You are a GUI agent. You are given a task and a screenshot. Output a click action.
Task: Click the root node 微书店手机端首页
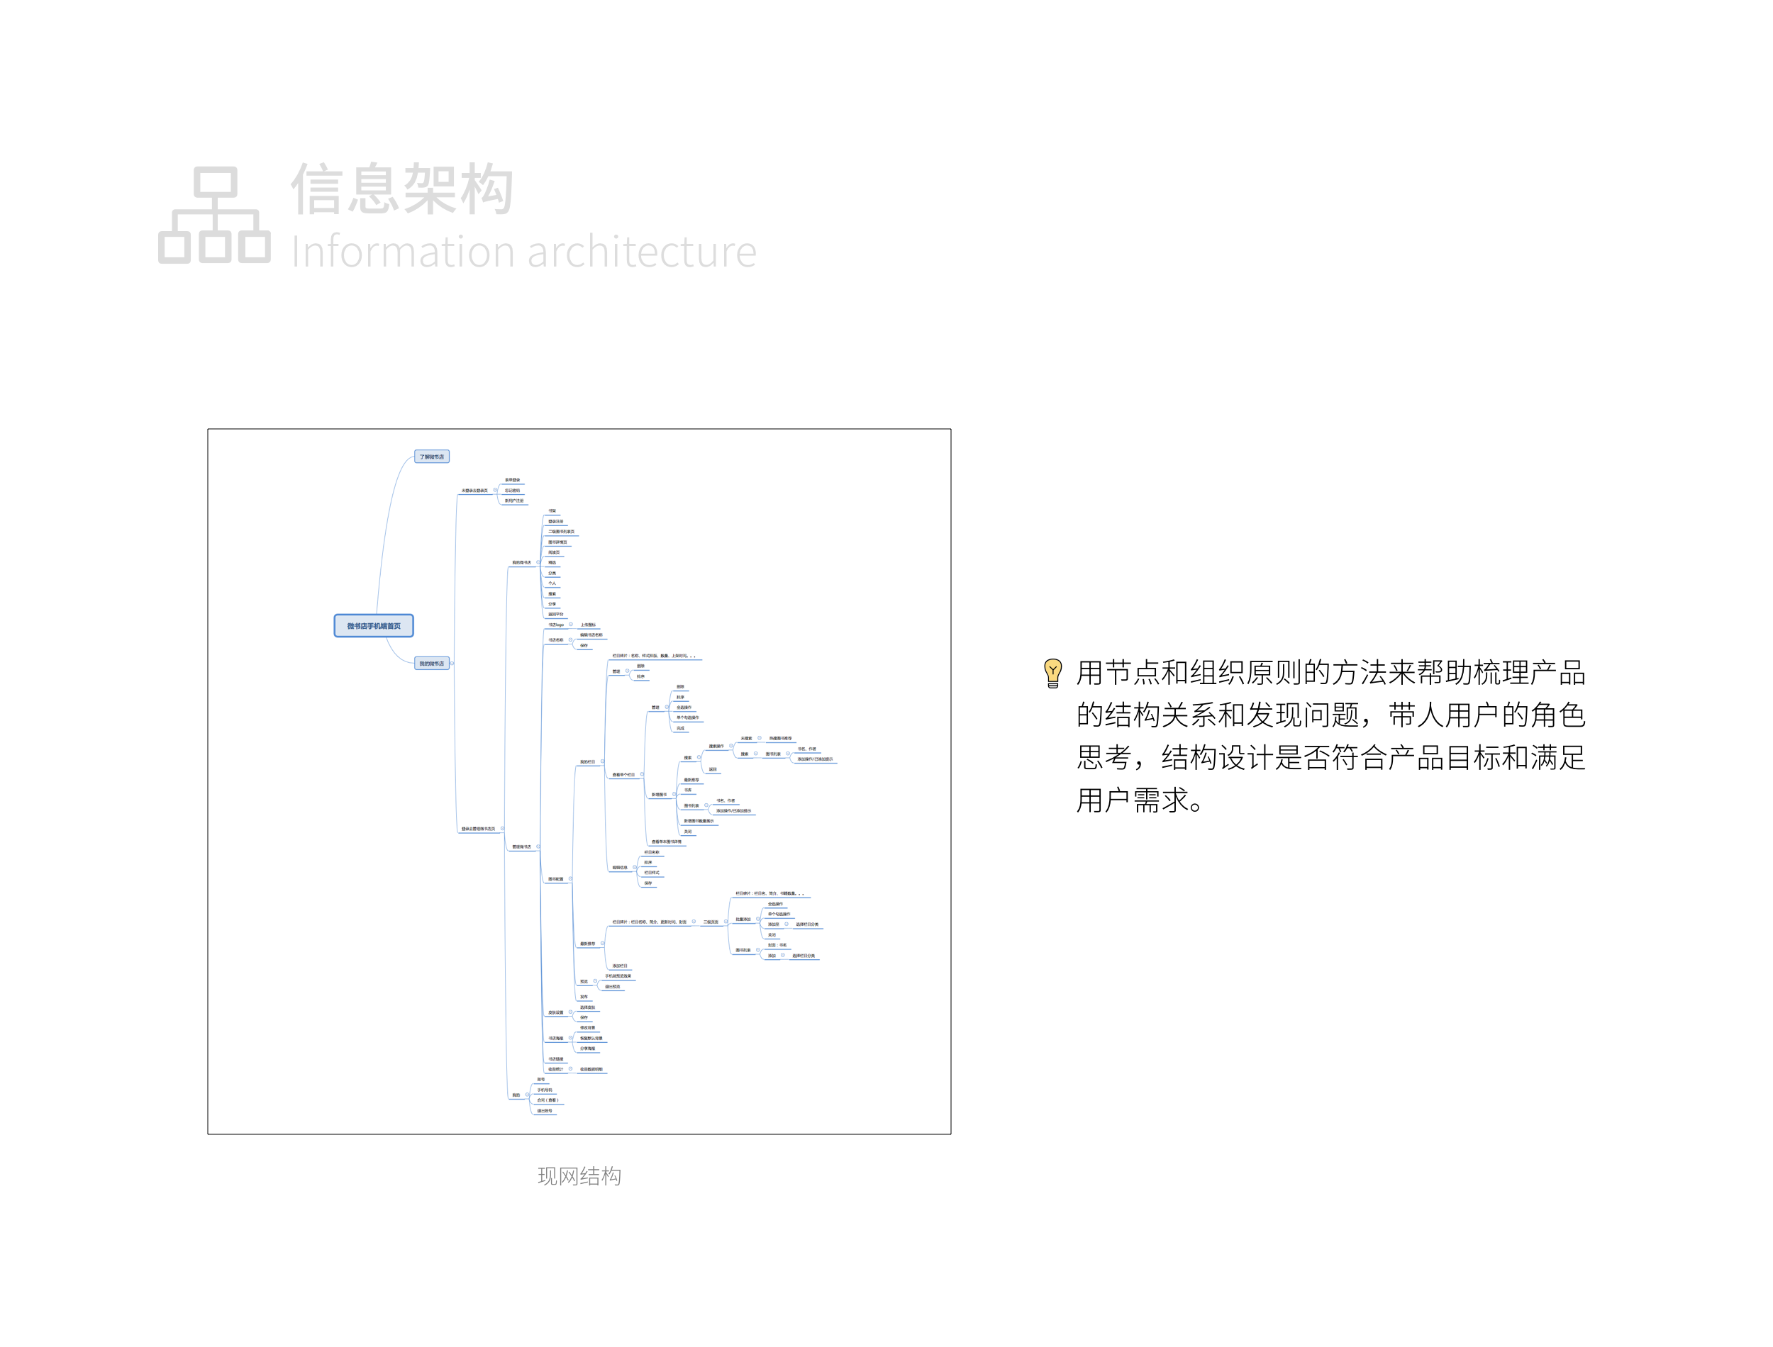tap(374, 626)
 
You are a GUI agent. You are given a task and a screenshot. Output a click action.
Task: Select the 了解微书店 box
tap(431, 457)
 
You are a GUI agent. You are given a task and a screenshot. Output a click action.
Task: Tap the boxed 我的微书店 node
tap(431, 664)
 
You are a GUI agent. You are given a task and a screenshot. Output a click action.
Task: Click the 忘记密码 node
tap(513, 491)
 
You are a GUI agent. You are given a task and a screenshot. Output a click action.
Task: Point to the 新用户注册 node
tap(514, 501)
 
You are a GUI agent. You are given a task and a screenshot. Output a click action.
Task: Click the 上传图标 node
tap(588, 625)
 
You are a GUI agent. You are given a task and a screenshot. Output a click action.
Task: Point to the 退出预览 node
tap(613, 987)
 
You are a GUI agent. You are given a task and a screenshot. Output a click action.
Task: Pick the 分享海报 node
tap(588, 1049)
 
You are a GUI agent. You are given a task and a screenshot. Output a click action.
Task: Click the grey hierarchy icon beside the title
tap(214, 215)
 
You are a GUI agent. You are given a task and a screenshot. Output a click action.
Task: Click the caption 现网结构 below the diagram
tap(579, 1176)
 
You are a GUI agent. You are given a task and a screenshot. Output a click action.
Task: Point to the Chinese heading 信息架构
tap(401, 189)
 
